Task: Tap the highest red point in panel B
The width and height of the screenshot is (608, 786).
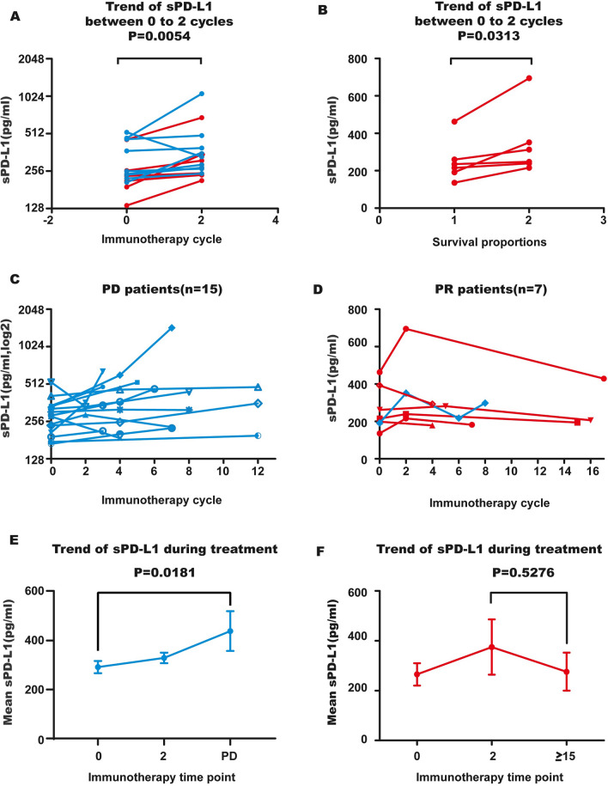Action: click(529, 78)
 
